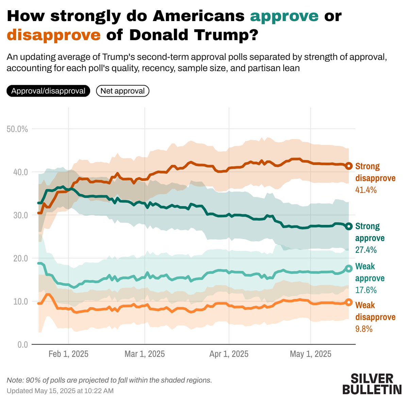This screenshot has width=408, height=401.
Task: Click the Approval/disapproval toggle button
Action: tap(48, 91)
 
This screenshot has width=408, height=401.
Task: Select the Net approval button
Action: tap(123, 91)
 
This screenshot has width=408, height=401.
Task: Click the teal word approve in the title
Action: tap(284, 16)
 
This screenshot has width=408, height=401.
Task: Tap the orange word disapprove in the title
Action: tap(54, 35)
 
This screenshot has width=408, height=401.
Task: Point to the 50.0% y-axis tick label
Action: tap(17, 129)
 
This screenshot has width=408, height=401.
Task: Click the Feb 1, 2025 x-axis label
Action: tap(68, 354)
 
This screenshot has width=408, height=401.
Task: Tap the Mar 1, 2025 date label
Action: tap(145, 354)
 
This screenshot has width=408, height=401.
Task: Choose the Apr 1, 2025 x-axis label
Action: tap(229, 354)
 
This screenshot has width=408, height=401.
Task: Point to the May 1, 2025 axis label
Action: tap(310, 354)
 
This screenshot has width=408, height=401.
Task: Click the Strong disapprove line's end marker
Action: tap(349, 166)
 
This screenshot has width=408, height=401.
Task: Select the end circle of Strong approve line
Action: tap(349, 227)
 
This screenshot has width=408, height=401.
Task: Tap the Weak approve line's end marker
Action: tap(349, 268)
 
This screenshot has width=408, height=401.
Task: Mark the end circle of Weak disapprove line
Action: tap(349, 302)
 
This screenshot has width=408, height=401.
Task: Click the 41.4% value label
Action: tap(366, 190)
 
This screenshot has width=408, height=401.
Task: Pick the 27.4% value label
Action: tap(366, 250)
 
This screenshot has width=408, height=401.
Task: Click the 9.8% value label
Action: tap(364, 329)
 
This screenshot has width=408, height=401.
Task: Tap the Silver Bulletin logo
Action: tap(372, 384)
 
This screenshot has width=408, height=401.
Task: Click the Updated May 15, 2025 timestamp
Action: tap(60, 391)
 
